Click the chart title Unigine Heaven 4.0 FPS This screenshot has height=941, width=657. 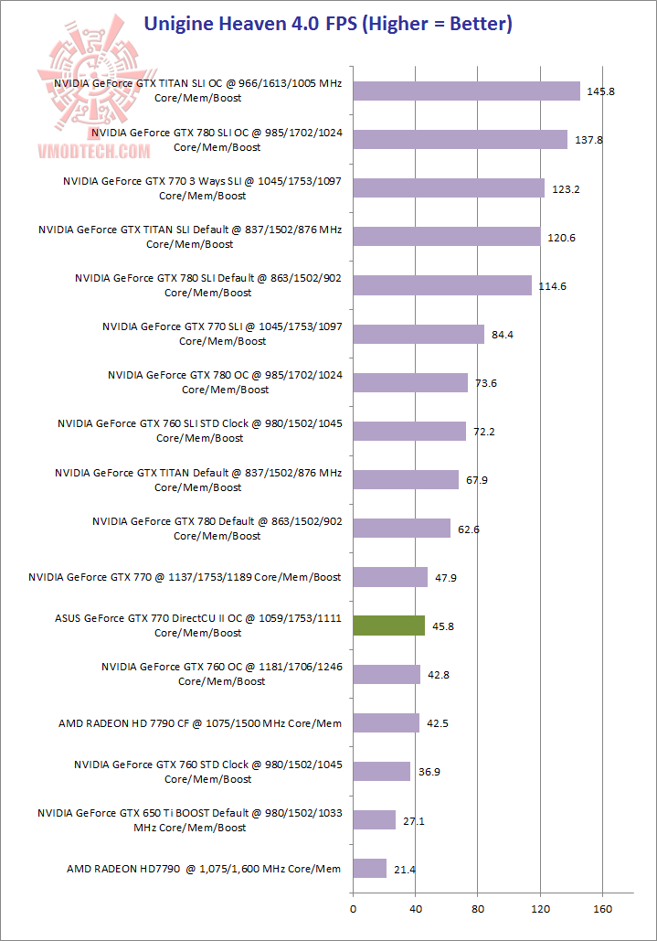pyautogui.click(x=328, y=23)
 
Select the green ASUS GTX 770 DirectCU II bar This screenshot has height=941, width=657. pyautogui.click(x=388, y=626)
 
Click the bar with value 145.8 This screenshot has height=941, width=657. pyautogui.click(x=466, y=91)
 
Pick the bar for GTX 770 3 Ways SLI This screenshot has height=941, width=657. pyautogui.click(x=448, y=188)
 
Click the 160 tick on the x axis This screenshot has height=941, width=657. pyautogui.click(x=602, y=908)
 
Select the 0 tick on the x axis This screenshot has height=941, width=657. pyautogui.click(x=353, y=908)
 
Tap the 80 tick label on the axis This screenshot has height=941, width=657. pyautogui.click(x=477, y=908)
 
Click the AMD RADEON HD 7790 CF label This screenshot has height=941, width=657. pyautogui.click(x=199, y=723)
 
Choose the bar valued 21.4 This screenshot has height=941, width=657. pyautogui.click(x=369, y=868)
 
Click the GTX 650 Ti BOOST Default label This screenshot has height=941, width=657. pyautogui.click(x=189, y=820)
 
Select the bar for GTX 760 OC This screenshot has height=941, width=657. pyautogui.click(x=387, y=674)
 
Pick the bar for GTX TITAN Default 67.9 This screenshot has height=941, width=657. pyautogui.click(x=406, y=479)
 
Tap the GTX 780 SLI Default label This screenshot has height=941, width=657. pyautogui.click(x=207, y=285)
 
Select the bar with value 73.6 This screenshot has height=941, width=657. pyautogui.click(x=410, y=382)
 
